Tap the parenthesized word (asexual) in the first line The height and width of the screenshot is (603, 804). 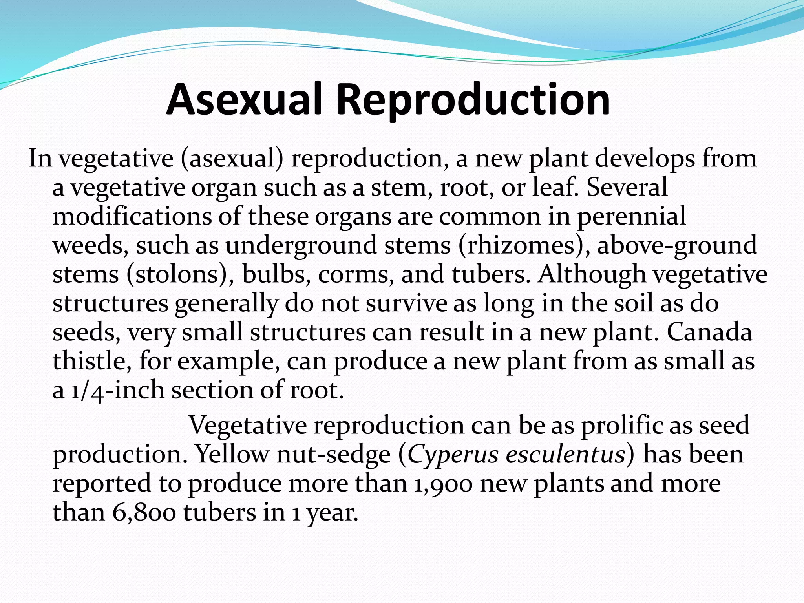click(x=232, y=159)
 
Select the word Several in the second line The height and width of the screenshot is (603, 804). click(x=627, y=187)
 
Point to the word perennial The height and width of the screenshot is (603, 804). click(x=631, y=217)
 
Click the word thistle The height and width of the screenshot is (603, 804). click(x=92, y=361)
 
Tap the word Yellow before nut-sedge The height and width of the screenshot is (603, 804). click(x=232, y=455)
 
